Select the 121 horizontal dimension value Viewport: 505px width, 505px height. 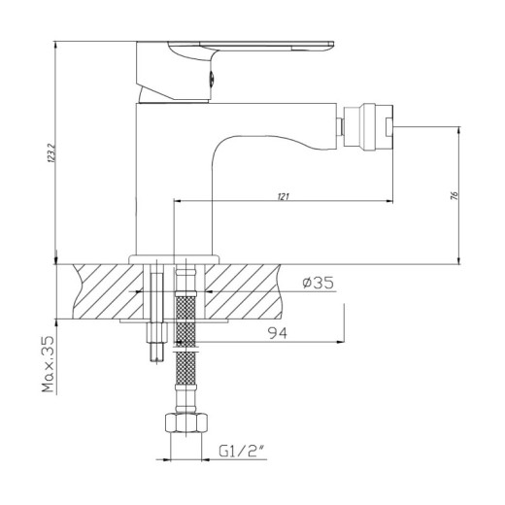pyautogui.click(x=283, y=197)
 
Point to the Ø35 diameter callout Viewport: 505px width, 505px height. pyautogui.click(x=319, y=283)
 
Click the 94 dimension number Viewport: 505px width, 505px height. pyautogui.click(x=278, y=333)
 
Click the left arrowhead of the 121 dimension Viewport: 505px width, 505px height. pyautogui.click(x=178, y=203)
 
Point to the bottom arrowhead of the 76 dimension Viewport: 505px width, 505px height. pyautogui.click(x=458, y=259)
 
